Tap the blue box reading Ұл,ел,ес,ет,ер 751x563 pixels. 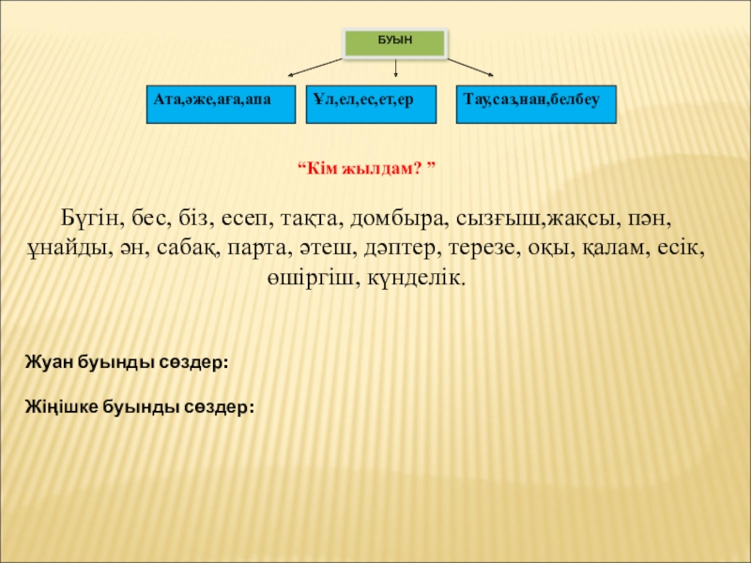coord(372,105)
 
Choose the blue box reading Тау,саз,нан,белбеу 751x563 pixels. coord(536,105)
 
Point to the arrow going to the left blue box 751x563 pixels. coord(315,66)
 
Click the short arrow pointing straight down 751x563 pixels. coord(395,68)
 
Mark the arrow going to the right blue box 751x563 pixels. coord(471,66)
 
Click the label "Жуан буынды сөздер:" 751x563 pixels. coord(126,361)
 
